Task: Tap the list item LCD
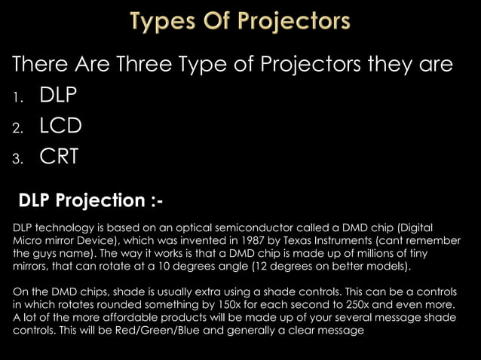click(60, 126)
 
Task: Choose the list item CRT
click(59, 157)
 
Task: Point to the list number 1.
click(17, 97)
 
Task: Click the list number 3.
click(17, 159)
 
